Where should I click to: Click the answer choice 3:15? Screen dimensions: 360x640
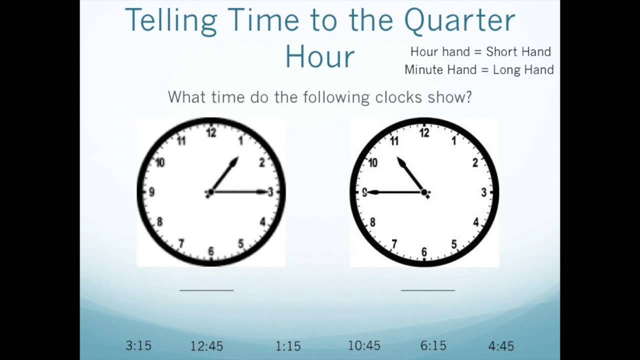[x=138, y=345]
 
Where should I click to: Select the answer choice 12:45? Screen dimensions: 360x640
[x=206, y=346]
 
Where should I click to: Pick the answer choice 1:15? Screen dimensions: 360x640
[x=288, y=346]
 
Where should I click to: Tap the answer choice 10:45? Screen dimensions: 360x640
[x=364, y=345]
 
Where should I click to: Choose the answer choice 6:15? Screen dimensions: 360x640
[x=433, y=345]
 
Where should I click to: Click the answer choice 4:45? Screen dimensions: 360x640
[x=501, y=346]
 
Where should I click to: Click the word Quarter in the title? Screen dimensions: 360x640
[x=459, y=20]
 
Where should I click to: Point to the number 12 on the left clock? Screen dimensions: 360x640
[x=211, y=133]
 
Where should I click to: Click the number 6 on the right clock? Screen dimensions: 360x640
[x=424, y=252]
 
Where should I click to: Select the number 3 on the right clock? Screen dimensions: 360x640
[x=483, y=192]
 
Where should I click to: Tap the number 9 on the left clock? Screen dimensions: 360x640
[x=151, y=192]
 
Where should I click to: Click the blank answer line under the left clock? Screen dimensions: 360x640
[x=206, y=289]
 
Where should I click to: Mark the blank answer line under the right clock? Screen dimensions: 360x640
[x=428, y=289]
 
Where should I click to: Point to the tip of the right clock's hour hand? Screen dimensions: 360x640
[x=399, y=160]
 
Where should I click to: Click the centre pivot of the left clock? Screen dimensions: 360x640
[x=210, y=192]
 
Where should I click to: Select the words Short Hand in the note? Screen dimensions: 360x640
[x=518, y=51]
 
